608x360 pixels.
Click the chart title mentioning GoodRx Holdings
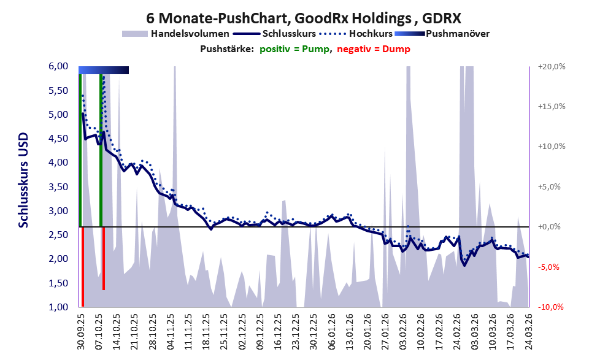tap(304, 18)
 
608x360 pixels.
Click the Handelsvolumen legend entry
tap(175, 34)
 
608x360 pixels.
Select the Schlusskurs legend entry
tap(274, 34)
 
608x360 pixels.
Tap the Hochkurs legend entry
tap(356, 34)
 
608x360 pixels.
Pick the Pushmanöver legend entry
tap(442, 34)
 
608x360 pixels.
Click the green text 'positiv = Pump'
tap(294, 49)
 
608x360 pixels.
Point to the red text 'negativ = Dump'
tap(374, 49)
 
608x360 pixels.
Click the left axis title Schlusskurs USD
tap(24, 180)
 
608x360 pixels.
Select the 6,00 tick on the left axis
tap(58, 66)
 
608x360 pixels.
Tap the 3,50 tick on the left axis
tap(58, 187)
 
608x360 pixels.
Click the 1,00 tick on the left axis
tap(58, 307)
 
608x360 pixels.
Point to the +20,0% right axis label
tap(552, 67)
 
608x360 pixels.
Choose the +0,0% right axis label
tap(550, 227)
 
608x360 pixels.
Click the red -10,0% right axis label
tap(551, 307)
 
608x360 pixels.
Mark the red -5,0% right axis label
tap(548, 267)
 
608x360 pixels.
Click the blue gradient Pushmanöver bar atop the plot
tap(104, 70)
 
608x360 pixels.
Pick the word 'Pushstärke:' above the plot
tap(227, 49)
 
